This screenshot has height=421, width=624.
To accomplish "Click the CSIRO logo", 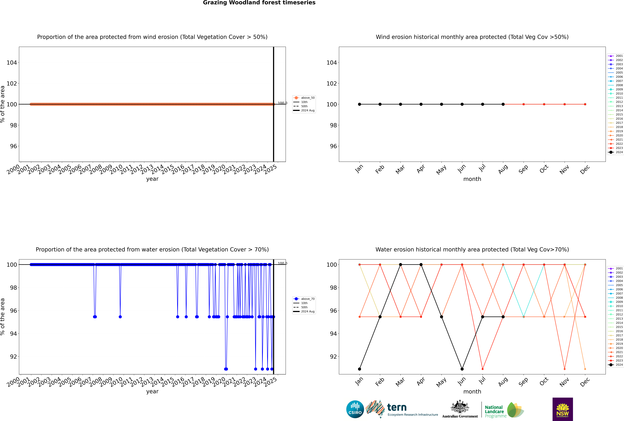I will tap(355, 409).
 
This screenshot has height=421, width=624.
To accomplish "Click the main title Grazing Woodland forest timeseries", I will tap(259, 3).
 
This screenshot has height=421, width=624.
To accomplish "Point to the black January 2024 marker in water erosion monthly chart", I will tap(360, 369).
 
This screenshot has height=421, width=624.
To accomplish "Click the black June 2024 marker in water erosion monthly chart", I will tap(462, 369).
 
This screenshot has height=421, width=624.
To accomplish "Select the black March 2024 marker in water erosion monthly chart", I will tap(401, 264).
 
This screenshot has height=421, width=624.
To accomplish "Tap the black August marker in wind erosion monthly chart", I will tap(503, 104).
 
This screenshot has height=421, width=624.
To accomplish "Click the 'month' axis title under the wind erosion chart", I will tap(472, 179).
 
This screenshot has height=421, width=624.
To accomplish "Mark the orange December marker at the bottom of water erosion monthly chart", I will tap(585, 369).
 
